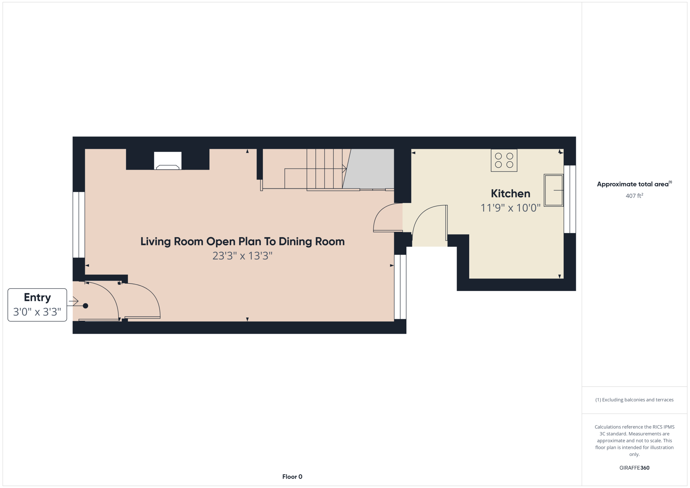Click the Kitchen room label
(510, 194)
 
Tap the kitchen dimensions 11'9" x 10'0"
(510, 208)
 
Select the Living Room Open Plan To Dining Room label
(243, 242)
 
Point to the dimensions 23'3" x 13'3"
(243, 256)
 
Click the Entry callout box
(37, 305)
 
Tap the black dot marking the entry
(86, 306)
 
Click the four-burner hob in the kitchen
(504, 160)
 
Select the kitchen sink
(553, 190)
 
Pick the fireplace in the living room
(168, 161)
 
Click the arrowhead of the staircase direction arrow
(344, 169)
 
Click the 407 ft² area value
(634, 196)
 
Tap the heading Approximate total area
(634, 184)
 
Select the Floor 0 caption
(292, 477)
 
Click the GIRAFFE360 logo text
(634, 468)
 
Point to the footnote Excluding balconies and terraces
(634, 400)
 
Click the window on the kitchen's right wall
(570, 199)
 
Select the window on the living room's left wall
(79, 225)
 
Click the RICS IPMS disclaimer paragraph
(634, 440)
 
